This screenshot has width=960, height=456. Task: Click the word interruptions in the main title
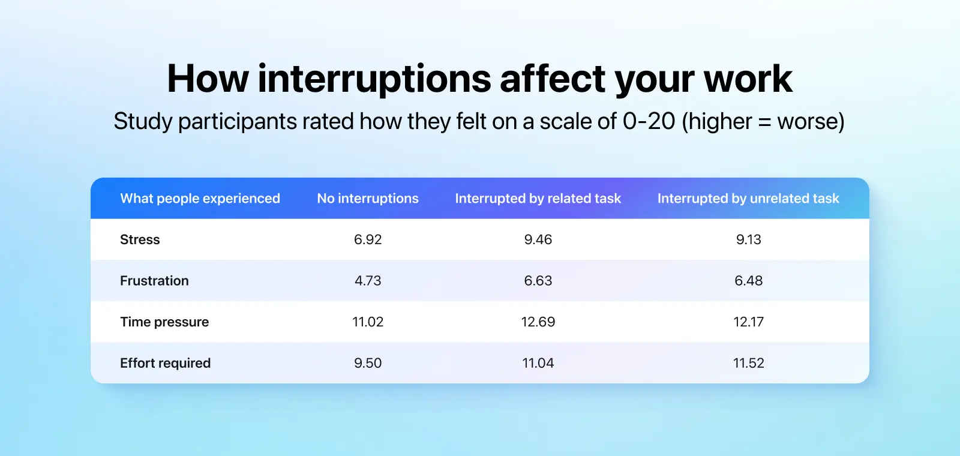tap(374, 79)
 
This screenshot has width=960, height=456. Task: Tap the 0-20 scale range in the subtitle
tap(649, 121)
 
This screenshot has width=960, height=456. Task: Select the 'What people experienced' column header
tap(200, 199)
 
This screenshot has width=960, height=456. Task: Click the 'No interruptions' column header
tap(368, 199)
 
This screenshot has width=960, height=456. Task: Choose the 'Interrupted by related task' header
tap(538, 199)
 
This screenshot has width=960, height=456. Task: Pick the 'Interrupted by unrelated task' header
tap(748, 199)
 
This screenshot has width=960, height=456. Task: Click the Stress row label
tap(140, 239)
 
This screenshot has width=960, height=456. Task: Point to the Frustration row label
tap(154, 281)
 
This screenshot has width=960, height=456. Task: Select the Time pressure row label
tap(164, 322)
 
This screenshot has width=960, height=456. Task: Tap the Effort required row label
tap(166, 363)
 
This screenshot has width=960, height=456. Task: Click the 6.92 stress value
tap(368, 239)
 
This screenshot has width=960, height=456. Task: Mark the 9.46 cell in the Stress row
tap(538, 239)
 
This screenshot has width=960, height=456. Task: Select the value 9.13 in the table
tap(749, 239)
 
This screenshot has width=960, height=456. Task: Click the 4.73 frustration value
tap(368, 281)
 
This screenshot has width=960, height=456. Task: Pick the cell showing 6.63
tap(538, 281)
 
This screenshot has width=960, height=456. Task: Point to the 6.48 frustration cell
tap(749, 281)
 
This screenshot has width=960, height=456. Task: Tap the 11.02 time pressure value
tap(368, 322)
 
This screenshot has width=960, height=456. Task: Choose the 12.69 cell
tap(538, 322)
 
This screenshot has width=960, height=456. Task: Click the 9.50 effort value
tap(368, 363)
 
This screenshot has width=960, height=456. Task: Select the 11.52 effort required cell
tap(749, 363)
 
